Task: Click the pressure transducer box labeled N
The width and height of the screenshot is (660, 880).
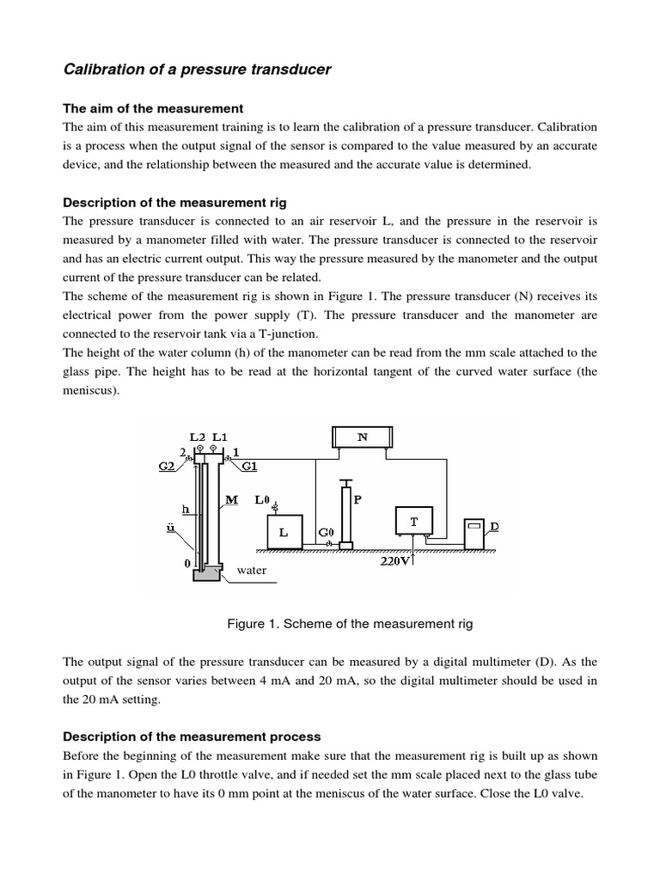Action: pyautogui.click(x=362, y=437)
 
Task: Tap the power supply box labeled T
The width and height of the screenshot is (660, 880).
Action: pyautogui.click(x=414, y=521)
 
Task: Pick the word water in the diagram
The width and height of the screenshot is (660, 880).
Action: pyautogui.click(x=251, y=571)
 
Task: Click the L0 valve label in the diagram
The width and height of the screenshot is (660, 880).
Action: pyautogui.click(x=264, y=499)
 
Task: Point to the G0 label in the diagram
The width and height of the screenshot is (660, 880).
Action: pyautogui.click(x=326, y=533)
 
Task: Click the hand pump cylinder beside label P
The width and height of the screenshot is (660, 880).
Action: pyautogui.click(x=346, y=512)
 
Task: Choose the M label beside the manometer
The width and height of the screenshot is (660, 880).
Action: pyautogui.click(x=231, y=499)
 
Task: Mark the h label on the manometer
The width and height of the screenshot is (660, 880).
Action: pyautogui.click(x=184, y=508)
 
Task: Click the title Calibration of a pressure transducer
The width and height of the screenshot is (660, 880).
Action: pyautogui.click(x=197, y=70)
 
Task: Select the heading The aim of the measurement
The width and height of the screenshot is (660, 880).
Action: pyautogui.click(x=154, y=108)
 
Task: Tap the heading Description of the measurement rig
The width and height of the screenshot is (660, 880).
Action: pyautogui.click(x=175, y=203)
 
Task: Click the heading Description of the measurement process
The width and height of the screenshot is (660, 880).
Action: pyautogui.click(x=192, y=736)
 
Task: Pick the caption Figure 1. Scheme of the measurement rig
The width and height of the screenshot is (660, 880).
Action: pyautogui.click(x=350, y=623)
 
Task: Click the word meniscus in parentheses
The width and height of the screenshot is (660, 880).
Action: pyautogui.click(x=93, y=390)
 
